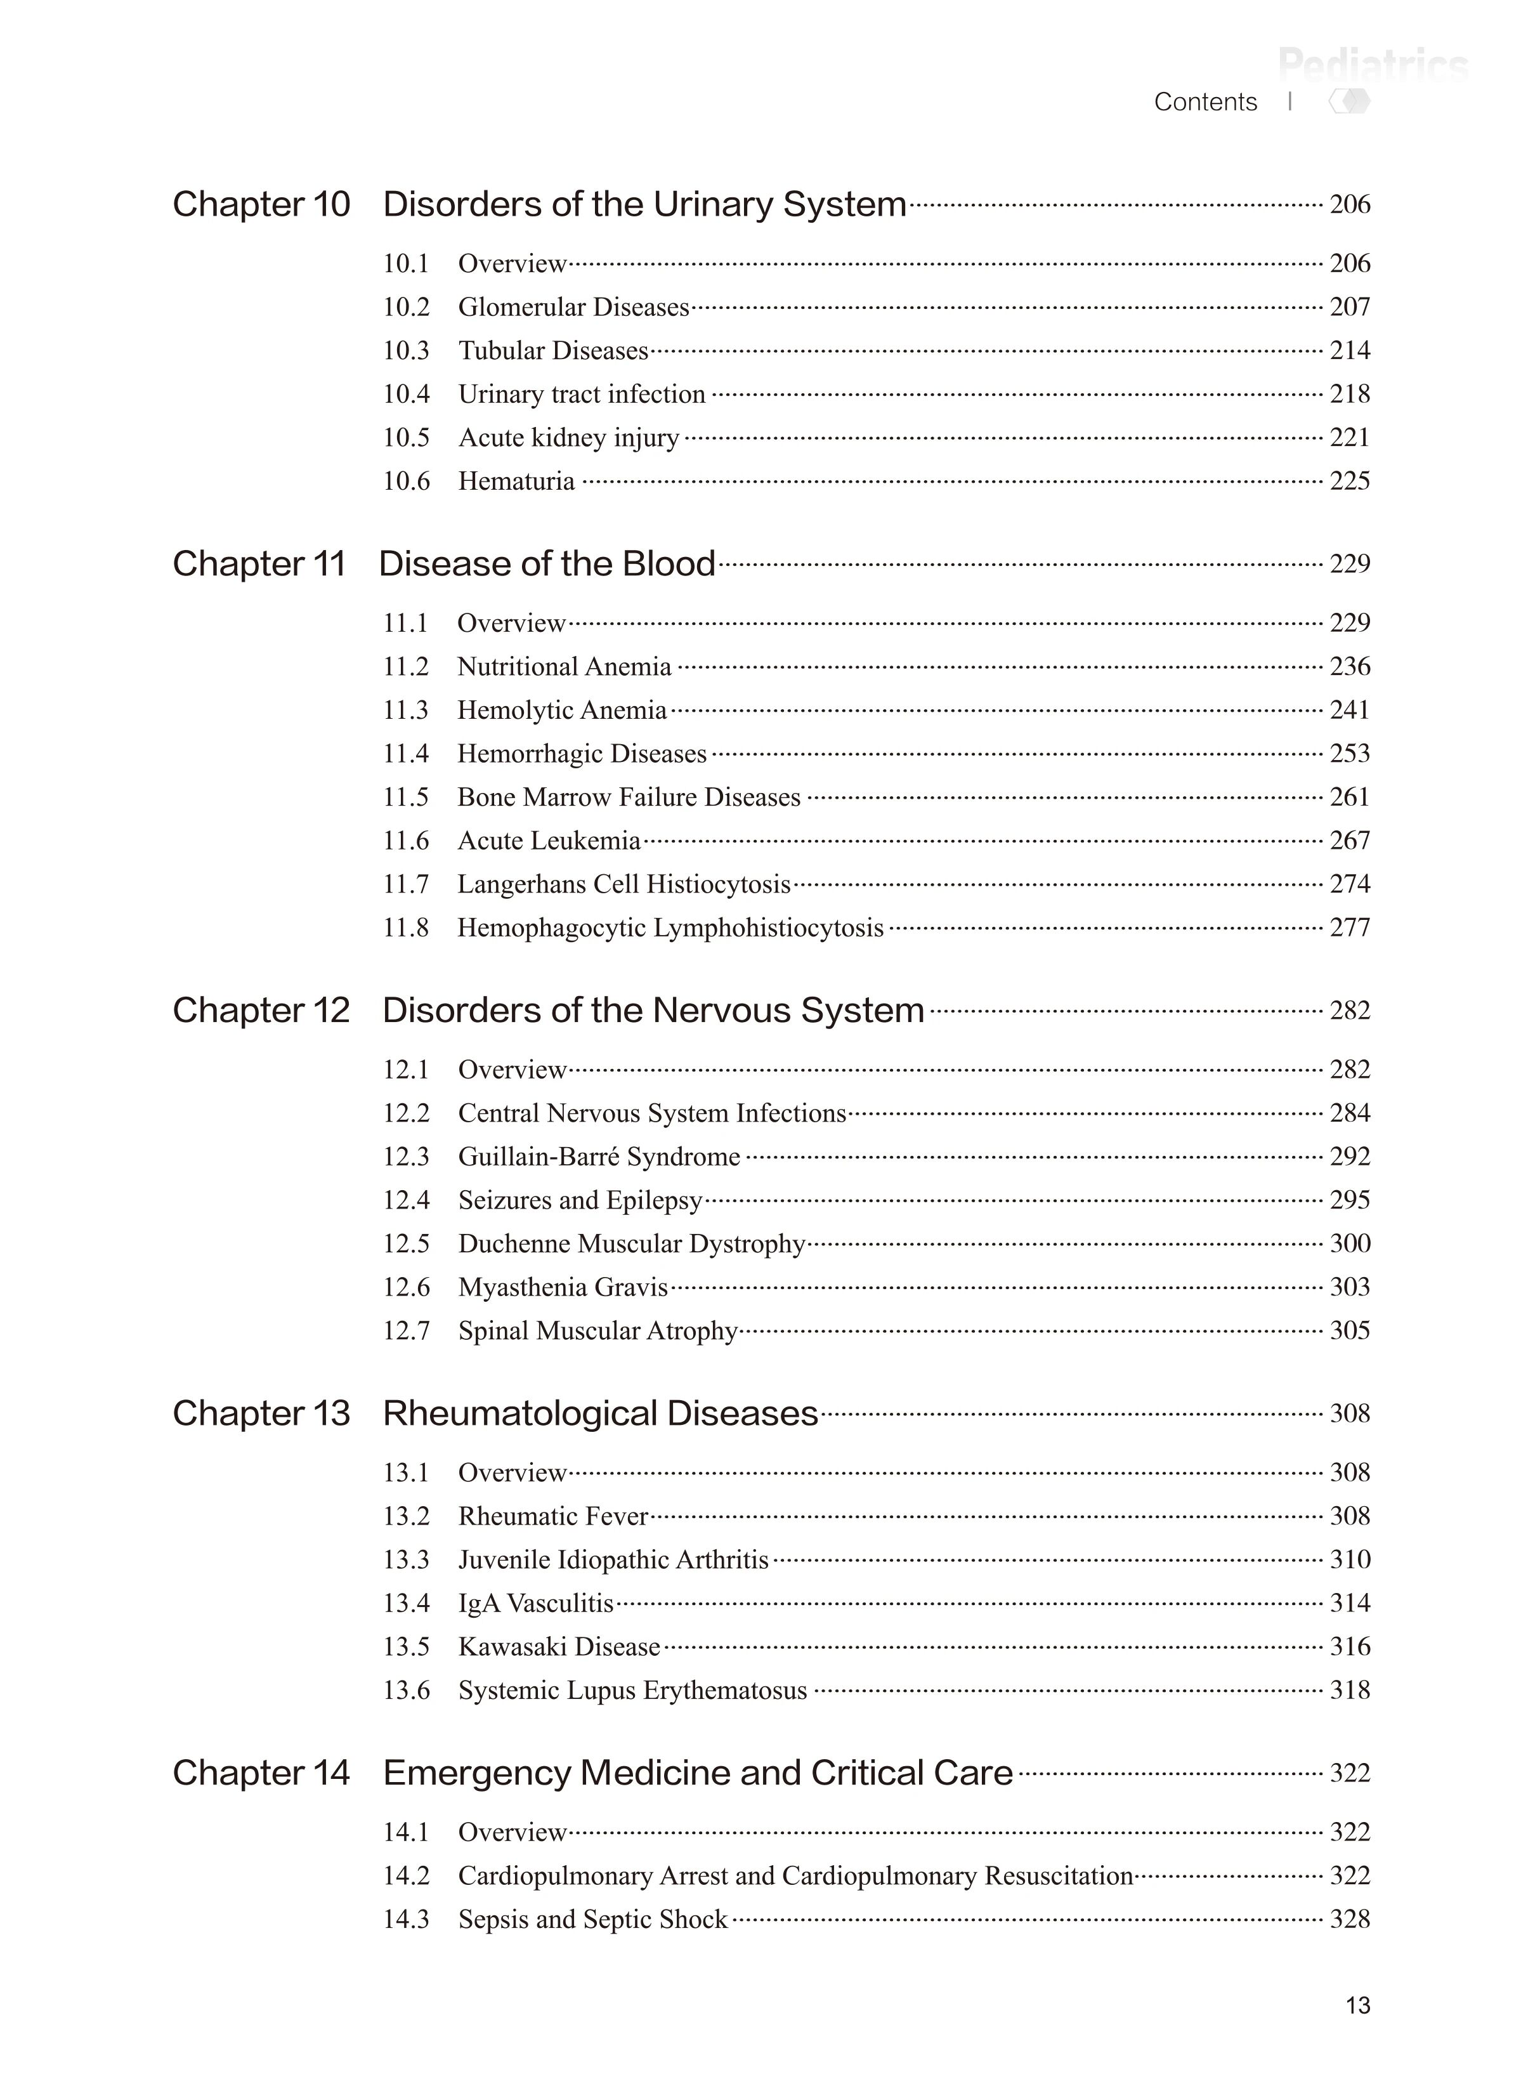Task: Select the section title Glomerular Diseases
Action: tap(573, 307)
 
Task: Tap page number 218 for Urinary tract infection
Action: tap(1349, 394)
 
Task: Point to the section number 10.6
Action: tap(406, 481)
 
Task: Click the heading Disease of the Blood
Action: tap(547, 564)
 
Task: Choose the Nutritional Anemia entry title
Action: tap(564, 667)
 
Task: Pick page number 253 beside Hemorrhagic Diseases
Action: tap(1349, 754)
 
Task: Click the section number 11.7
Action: tap(406, 884)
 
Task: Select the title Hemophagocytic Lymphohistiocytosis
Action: tap(670, 928)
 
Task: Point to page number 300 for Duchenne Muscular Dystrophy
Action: tap(1349, 1244)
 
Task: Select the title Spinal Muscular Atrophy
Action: tap(597, 1331)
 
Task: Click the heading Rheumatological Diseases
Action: tap(600, 1414)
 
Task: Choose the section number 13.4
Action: tap(406, 1603)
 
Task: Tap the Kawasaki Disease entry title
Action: tap(558, 1646)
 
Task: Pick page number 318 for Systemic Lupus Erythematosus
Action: tap(1349, 1690)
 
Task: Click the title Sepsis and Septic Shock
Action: tap(592, 1920)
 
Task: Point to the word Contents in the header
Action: tap(1204, 102)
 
